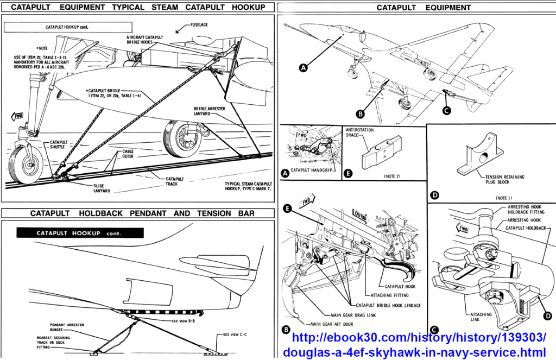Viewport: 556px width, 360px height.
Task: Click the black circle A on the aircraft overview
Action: (304, 67)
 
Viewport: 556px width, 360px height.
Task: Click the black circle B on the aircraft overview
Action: (360, 113)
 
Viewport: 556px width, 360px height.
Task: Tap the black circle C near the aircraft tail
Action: (446, 110)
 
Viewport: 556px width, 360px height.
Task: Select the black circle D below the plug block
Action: (434, 194)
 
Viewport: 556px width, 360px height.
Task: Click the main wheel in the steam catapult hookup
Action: (182, 137)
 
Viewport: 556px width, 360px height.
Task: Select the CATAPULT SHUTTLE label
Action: (57, 145)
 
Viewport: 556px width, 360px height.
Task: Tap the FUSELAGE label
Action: (199, 25)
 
